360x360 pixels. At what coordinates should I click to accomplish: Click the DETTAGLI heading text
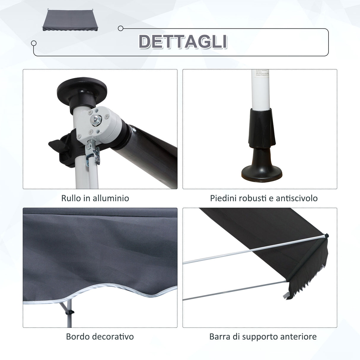pos(183,42)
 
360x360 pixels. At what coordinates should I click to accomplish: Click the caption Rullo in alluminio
pos(95,198)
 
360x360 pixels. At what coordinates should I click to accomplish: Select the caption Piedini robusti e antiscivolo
pos(264,198)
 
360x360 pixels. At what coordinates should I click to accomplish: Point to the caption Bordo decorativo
pos(100,337)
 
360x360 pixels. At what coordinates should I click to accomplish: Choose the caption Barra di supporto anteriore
pos(263,337)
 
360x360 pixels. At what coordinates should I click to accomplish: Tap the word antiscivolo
pos(297,198)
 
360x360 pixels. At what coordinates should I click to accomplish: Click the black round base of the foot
pos(260,174)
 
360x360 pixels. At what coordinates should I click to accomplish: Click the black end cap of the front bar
pos(326,236)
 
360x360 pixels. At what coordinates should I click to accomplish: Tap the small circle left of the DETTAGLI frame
pos(34,43)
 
